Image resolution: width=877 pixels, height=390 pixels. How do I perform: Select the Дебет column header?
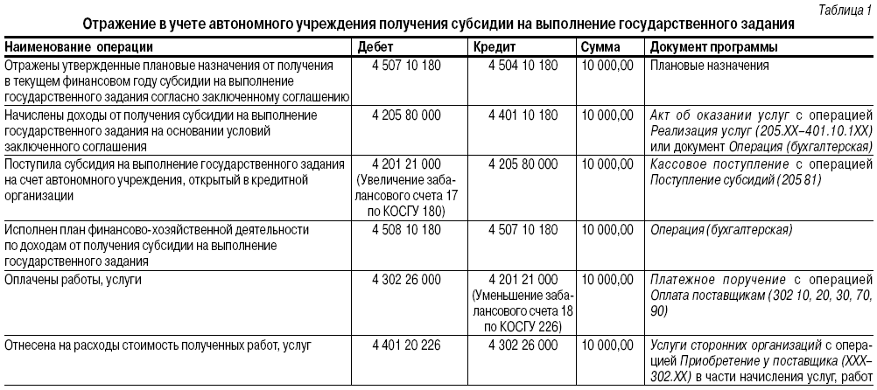click(377, 47)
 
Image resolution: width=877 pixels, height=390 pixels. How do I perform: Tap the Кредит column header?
click(493, 47)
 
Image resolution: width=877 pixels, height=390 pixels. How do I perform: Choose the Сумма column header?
click(601, 47)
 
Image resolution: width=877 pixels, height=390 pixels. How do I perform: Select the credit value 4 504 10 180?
click(523, 66)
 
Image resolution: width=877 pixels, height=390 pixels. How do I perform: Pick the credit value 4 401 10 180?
click(523, 115)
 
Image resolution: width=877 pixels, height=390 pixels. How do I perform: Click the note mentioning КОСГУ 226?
click(523, 327)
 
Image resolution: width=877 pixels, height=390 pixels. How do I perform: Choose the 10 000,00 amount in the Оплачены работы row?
click(607, 280)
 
